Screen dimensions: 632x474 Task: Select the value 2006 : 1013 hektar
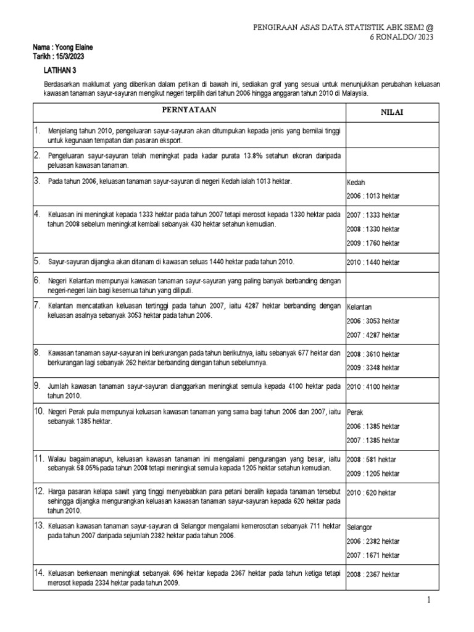373,196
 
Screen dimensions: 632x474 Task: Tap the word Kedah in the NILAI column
356,183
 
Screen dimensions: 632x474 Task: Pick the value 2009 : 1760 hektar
373,243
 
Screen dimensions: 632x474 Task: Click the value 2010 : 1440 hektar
373,262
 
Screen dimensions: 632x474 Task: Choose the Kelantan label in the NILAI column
359,307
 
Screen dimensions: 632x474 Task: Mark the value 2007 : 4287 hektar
373,335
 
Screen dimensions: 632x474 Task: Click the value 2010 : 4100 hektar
373,387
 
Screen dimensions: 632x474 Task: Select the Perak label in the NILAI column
355,412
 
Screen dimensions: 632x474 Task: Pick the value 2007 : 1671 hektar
373,556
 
